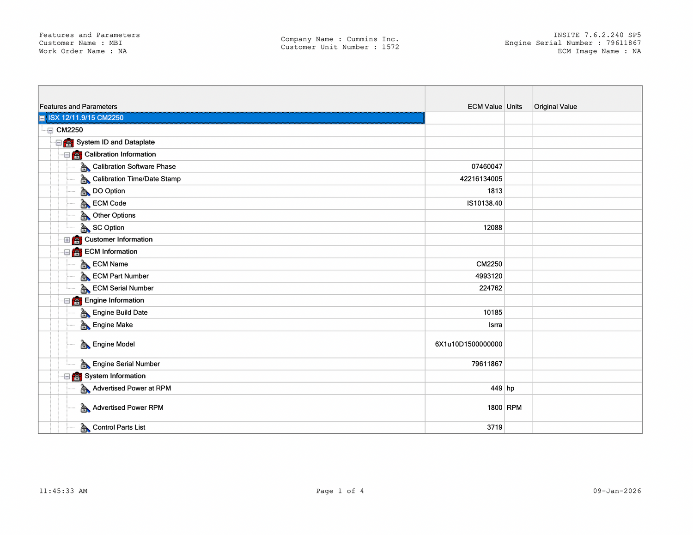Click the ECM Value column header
click(484, 107)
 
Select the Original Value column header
click(555, 107)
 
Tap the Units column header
click(514, 107)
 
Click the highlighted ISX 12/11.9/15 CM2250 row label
click(86, 118)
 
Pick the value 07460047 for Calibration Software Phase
click(486, 167)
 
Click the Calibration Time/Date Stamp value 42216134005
click(481, 179)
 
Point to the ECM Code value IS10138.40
click(484, 203)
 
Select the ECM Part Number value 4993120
click(488, 276)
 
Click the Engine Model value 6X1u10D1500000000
click(468, 344)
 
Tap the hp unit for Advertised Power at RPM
click(511, 389)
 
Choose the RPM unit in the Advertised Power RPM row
click(514, 408)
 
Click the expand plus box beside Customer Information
click(67, 240)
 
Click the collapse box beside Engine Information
click(67, 301)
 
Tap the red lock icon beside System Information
click(77, 377)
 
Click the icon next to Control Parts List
click(85, 428)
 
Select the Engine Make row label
click(113, 325)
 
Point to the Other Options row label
click(114, 216)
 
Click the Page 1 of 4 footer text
click(340, 491)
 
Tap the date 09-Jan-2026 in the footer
click(617, 491)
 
